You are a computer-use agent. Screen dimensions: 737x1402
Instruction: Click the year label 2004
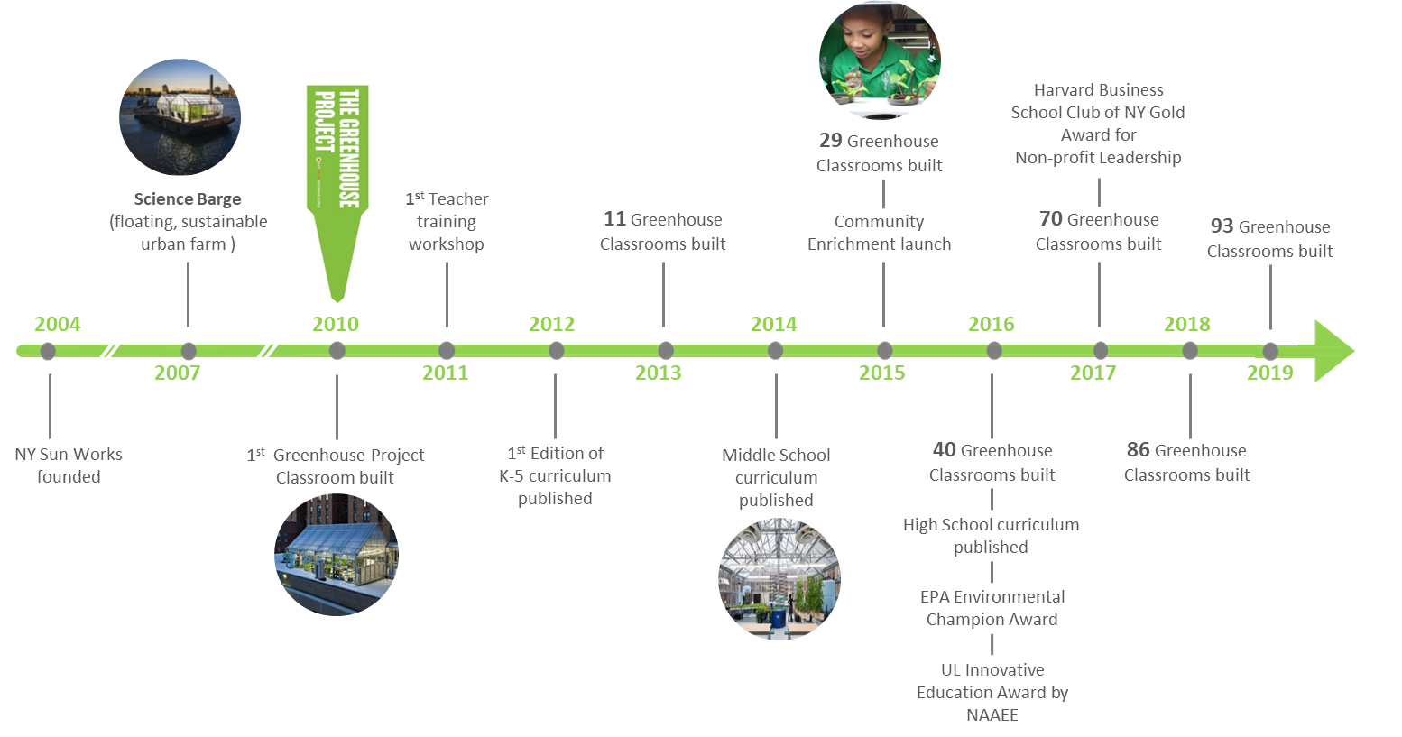click(57, 324)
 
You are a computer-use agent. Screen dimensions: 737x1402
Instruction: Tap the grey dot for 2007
click(188, 351)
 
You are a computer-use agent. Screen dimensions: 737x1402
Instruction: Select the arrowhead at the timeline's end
click(1333, 351)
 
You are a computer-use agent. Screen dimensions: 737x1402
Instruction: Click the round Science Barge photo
click(180, 117)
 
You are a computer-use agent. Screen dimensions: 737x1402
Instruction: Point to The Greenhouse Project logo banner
click(337, 192)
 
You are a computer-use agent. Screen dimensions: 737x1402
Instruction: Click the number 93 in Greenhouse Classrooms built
click(1222, 226)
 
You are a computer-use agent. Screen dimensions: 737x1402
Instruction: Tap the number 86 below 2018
click(1138, 450)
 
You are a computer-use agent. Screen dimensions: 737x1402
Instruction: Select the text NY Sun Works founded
click(69, 465)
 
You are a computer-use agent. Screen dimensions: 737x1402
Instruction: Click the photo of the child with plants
click(879, 60)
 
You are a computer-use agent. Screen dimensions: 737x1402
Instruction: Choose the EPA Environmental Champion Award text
click(992, 608)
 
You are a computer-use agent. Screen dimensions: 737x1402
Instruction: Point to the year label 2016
click(991, 324)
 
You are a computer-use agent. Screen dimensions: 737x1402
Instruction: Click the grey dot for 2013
click(665, 351)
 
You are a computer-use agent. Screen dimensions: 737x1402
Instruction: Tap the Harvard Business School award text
click(1098, 124)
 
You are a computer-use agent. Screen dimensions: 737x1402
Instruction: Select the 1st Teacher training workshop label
click(447, 221)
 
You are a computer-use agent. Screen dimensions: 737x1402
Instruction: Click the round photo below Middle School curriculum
click(779, 578)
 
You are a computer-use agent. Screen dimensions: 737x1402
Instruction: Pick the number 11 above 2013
click(614, 219)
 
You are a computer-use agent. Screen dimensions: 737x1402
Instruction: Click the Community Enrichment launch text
click(879, 233)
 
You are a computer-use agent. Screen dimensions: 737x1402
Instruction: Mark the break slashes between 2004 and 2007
click(112, 348)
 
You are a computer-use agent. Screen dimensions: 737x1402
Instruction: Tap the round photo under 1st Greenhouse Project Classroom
click(336, 555)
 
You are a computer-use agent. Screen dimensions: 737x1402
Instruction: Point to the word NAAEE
click(992, 714)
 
